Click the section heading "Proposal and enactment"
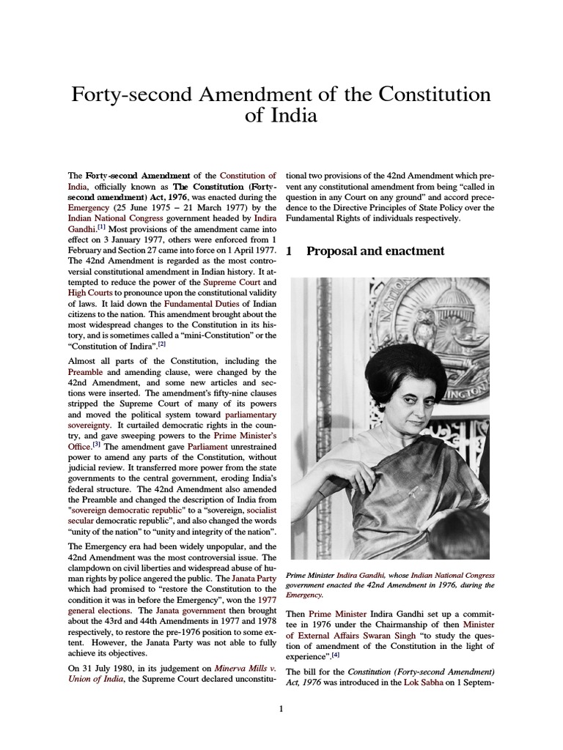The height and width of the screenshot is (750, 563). [x=375, y=251]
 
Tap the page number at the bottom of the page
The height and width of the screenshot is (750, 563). [x=281, y=708]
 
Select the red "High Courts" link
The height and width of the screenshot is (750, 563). [x=90, y=292]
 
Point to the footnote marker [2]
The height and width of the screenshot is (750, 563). [x=162, y=343]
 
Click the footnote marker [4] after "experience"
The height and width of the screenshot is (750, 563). [x=336, y=654]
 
